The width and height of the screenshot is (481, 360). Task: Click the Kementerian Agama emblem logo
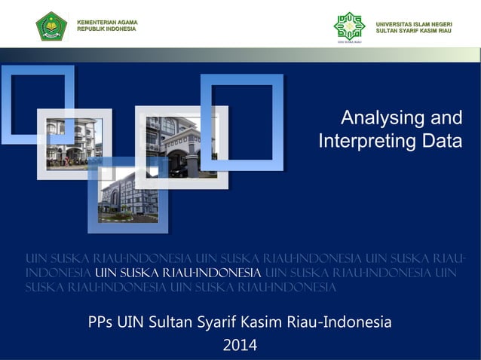(x=51, y=26)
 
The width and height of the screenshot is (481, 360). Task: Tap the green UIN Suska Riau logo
(x=349, y=26)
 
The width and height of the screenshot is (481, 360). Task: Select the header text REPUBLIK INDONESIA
(x=106, y=29)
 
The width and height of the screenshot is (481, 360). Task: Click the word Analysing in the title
(x=378, y=118)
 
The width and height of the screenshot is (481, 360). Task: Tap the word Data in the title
(x=440, y=142)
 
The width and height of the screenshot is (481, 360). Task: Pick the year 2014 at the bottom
(x=240, y=346)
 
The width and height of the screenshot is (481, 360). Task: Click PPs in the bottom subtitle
(x=100, y=323)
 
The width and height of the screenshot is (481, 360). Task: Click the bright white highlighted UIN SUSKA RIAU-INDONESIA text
(x=178, y=273)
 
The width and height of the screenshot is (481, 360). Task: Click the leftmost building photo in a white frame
(x=73, y=143)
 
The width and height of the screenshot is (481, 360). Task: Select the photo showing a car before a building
(x=182, y=147)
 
